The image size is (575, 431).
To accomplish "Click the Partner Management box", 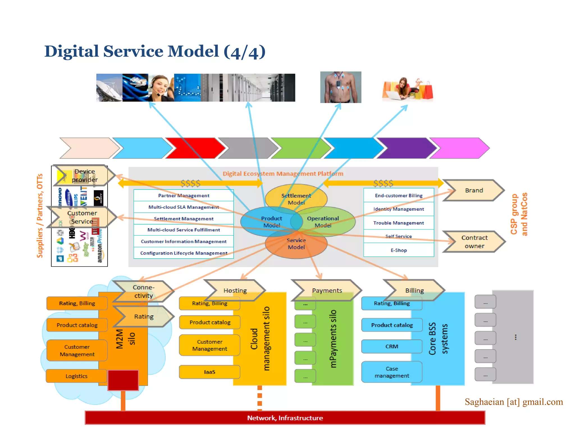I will [184, 196].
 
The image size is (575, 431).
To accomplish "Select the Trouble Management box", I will [398, 223].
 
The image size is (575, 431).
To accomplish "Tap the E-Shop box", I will [398, 250].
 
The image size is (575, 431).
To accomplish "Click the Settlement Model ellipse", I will [296, 196].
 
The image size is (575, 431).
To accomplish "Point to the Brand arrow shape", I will [474, 191].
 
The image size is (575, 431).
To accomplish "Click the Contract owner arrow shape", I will [474, 242].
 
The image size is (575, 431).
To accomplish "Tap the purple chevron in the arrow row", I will [406, 148].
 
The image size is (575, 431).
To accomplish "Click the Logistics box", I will [76, 376].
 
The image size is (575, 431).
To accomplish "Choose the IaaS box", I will [209, 372].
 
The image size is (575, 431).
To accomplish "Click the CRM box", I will [392, 347].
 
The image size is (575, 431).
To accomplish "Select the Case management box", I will [392, 372].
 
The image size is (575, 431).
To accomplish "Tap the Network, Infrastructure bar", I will [285, 418].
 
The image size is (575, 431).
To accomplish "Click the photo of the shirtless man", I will [341, 87].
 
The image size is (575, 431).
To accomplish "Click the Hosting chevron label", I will [235, 291].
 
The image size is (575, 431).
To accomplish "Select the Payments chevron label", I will [327, 291].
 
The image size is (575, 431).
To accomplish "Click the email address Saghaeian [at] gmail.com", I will [514, 402].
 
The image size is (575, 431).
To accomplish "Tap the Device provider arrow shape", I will [84, 176].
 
